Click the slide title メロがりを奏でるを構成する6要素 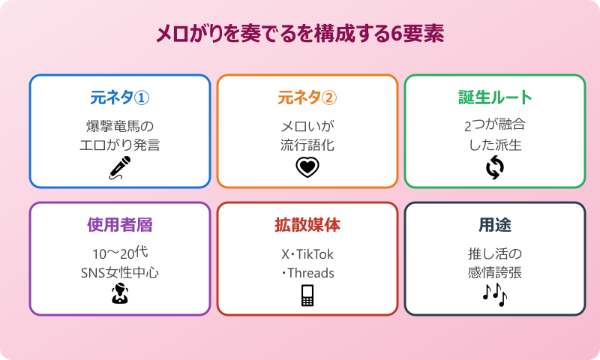tap(300, 34)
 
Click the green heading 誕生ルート tap(495, 97)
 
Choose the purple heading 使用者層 tap(120, 225)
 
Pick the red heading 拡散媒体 tap(307, 225)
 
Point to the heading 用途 tap(495, 225)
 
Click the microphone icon tap(120, 168)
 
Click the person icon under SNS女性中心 tap(120, 295)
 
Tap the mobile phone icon tap(307, 295)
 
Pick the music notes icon tap(495, 295)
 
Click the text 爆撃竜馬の tap(120, 124)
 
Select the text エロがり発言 tap(120, 145)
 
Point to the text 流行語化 tap(307, 145)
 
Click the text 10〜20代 tap(118, 253)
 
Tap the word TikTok tap(317, 253)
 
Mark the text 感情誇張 tap(495, 273)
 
